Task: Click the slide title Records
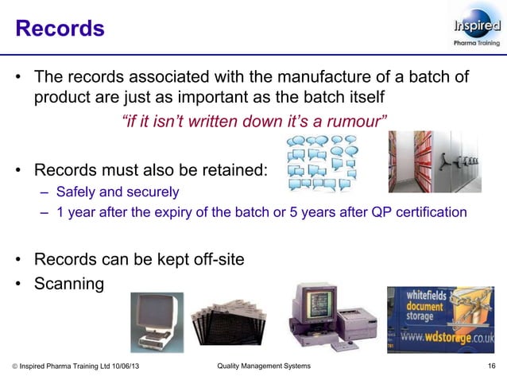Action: (x=60, y=29)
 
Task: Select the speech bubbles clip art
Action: (x=321, y=161)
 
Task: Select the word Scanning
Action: (x=68, y=283)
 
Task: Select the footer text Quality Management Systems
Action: (x=264, y=366)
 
